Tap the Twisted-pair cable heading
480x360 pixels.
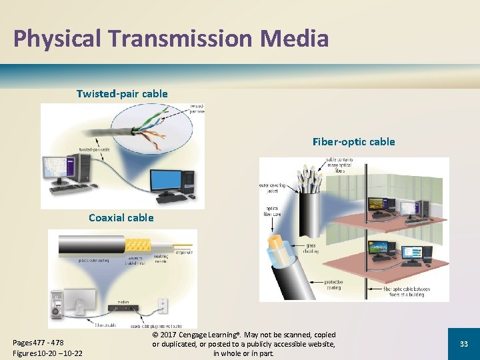pos(122,93)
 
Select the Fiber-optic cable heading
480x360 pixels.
pos(353,141)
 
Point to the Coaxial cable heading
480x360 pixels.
pos(121,217)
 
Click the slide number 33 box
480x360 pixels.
pos(463,343)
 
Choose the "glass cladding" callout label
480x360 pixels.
pos(311,248)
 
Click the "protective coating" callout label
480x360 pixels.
pos(333,285)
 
